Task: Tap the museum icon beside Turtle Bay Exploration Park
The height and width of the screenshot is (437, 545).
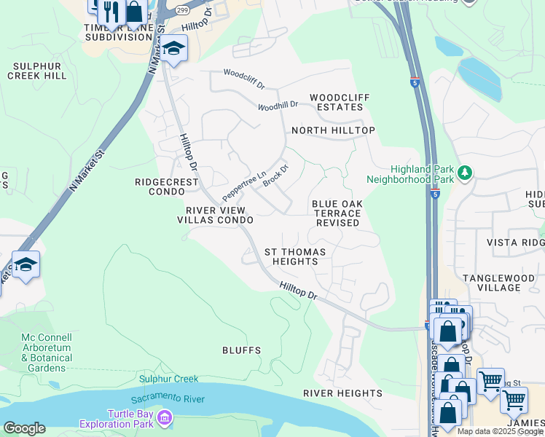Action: tap(165, 417)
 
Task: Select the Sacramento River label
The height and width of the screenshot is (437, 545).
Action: tap(168, 399)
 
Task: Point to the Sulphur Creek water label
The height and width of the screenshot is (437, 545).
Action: tap(169, 379)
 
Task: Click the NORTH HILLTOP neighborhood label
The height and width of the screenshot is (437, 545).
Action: tap(333, 130)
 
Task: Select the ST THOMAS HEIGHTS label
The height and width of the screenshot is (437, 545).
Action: tap(294, 256)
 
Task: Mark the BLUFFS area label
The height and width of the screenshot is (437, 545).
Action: tap(241, 350)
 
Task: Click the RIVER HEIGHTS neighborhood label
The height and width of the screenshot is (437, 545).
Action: tap(342, 393)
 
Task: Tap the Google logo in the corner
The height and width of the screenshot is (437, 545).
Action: tap(24, 428)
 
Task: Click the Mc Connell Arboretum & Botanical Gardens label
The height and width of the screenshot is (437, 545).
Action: tap(47, 353)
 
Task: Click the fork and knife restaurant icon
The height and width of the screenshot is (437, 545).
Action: tap(111, 10)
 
